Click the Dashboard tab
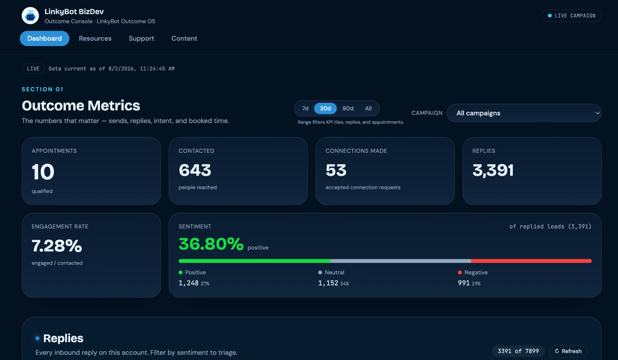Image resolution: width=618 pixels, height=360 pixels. (x=44, y=38)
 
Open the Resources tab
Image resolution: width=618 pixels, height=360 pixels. (x=95, y=38)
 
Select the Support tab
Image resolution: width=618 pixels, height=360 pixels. (x=141, y=38)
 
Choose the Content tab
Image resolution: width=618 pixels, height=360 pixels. (x=184, y=38)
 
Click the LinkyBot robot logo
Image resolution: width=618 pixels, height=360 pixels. (x=30, y=15)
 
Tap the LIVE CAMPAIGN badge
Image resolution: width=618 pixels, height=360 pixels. (x=572, y=15)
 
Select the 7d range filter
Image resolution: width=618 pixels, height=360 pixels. (x=305, y=109)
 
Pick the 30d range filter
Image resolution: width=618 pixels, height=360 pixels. (x=325, y=109)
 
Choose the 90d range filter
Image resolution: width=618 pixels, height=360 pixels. (x=348, y=109)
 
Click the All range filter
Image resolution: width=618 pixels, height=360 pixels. (x=368, y=109)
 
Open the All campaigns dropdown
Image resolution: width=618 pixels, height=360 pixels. (x=524, y=113)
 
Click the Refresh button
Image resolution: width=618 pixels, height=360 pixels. (x=568, y=351)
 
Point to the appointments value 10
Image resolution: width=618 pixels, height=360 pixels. (x=43, y=172)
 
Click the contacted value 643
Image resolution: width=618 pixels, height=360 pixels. (x=195, y=170)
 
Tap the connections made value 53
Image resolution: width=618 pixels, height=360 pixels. (x=336, y=170)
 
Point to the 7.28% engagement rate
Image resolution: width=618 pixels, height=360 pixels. (x=57, y=246)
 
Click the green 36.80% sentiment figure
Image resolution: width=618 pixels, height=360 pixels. (x=211, y=244)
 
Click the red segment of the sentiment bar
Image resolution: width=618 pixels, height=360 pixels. (x=531, y=261)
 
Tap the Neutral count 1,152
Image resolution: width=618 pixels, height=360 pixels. (x=328, y=283)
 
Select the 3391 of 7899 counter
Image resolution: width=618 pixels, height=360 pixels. (x=518, y=351)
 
